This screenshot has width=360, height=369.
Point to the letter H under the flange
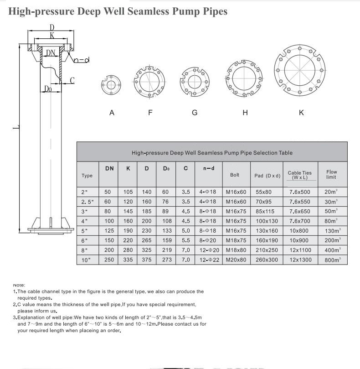click(x=245, y=113)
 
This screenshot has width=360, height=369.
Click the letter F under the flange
click(x=150, y=113)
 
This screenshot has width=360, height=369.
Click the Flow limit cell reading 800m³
click(x=332, y=260)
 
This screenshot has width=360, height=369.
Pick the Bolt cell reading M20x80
click(x=236, y=260)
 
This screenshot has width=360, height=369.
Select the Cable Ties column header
click(x=299, y=175)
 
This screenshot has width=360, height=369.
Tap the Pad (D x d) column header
click(x=267, y=176)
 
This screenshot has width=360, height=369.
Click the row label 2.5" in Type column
click(x=87, y=202)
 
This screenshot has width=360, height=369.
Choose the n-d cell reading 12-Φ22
click(x=209, y=260)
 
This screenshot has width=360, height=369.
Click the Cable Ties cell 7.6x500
click(x=299, y=192)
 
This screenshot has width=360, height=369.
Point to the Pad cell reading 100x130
click(x=267, y=221)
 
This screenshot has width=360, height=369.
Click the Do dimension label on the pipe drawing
click(x=48, y=89)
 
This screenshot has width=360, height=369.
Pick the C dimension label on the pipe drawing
click(x=72, y=81)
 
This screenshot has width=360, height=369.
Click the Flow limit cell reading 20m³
click(x=331, y=192)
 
